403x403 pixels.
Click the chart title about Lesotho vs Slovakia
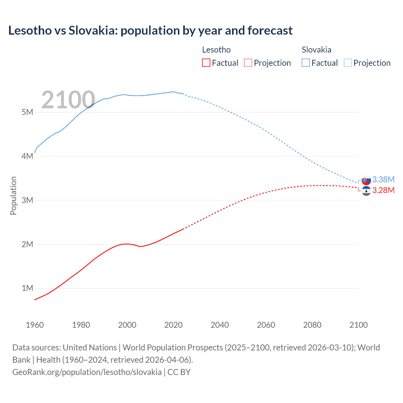(150, 31)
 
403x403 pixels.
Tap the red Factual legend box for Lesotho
(206, 63)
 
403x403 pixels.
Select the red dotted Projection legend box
(248, 63)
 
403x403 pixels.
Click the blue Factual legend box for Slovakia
(306, 63)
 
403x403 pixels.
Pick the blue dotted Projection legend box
(348, 63)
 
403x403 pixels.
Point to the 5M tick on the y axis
(27, 112)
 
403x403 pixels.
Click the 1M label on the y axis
(27, 288)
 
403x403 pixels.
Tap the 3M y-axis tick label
(27, 200)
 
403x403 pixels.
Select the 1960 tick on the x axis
(35, 325)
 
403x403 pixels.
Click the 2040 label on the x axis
(220, 325)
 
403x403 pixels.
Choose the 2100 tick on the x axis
(358, 325)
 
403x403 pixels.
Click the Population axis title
(13, 196)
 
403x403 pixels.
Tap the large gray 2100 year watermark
(68, 100)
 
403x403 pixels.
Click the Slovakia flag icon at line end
(366, 180)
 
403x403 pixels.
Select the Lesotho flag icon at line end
(366, 191)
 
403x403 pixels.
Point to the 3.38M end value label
(383, 179)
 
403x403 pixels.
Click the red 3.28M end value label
(383, 190)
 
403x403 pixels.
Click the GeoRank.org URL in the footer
(87, 372)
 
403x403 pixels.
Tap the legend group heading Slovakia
(316, 50)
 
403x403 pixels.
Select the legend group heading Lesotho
(216, 50)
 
